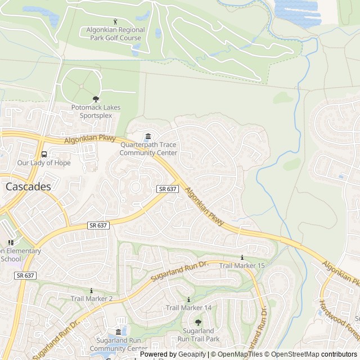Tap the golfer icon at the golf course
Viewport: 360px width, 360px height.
115,22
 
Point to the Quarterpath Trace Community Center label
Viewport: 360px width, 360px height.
148,148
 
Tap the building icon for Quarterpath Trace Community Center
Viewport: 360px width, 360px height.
148,137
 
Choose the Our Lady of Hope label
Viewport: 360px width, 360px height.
44,163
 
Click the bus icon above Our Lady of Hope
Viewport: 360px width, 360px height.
44,154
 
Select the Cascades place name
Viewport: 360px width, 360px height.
28,186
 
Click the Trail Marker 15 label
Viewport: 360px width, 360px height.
242,265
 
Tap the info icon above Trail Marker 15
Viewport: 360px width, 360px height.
242,257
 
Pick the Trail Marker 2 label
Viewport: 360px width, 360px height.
92,298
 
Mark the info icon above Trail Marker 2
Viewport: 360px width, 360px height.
90,290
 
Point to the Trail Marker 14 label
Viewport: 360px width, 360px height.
188,308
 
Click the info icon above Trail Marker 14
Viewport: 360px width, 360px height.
188,299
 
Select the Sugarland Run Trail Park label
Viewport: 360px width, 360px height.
198,335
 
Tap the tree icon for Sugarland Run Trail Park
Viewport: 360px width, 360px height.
198,322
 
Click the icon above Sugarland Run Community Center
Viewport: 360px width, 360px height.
118,333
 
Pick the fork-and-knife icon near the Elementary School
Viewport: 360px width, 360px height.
11,242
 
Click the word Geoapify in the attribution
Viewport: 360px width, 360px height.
191,354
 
